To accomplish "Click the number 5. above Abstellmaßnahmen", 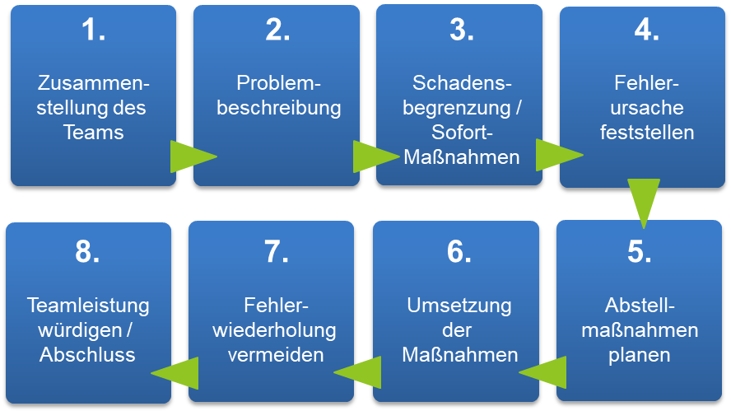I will pyautogui.click(x=640, y=251).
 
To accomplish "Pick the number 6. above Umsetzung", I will pyautogui.click(x=458, y=251).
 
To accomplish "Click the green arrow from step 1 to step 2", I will pyautogui.click(x=190, y=156).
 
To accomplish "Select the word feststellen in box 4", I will pyautogui.click(x=647, y=132).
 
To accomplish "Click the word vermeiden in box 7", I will pyautogui.click(x=275, y=355).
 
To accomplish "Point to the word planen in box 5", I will pyautogui.click(x=640, y=355).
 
